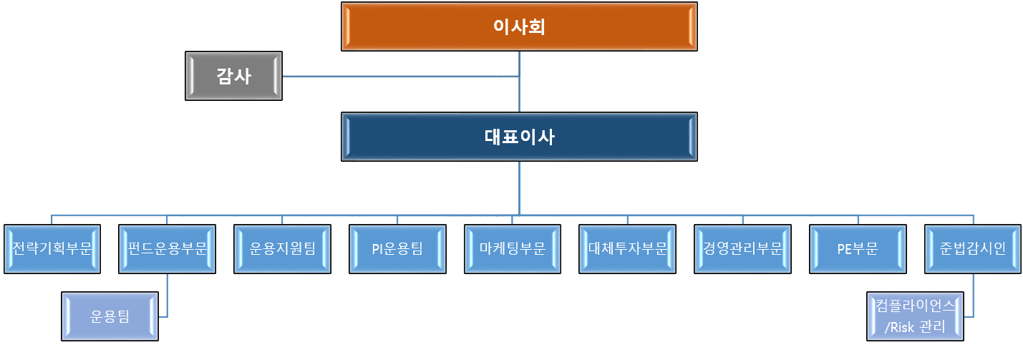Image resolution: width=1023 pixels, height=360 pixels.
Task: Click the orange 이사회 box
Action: (x=519, y=26)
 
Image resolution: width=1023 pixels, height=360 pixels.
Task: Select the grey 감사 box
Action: (x=233, y=76)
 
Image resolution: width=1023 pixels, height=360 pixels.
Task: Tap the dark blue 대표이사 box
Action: (x=519, y=137)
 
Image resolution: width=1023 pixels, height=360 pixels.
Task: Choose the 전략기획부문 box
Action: (x=52, y=249)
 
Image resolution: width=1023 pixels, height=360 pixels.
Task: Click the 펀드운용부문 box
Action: (x=167, y=249)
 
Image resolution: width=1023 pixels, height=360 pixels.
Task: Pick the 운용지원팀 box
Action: (x=282, y=249)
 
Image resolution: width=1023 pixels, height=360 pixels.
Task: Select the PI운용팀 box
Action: (x=397, y=249)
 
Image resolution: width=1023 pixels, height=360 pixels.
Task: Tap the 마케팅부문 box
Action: (x=512, y=249)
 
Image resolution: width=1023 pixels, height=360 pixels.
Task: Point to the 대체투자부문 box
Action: (x=627, y=249)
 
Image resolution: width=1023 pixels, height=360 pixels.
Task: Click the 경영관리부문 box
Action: (x=742, y=249)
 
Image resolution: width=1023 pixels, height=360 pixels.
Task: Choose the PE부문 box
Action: (x=857, y=249)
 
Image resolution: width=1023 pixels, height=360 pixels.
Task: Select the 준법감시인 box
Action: (x=972, y=249)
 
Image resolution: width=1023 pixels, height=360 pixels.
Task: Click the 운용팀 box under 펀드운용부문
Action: (x=110, y=316)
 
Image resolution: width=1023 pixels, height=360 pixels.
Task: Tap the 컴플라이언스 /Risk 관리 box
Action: (x=915, y=316)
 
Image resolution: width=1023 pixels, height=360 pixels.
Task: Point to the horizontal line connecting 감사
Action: (x=401, y=76)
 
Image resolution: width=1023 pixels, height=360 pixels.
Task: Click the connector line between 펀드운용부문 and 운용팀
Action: (x=167, y=293)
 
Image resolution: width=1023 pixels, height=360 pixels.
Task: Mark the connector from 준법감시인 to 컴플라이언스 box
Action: (x=972, y=293)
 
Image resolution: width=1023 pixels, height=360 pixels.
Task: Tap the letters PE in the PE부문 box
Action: (x=845, y=249)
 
